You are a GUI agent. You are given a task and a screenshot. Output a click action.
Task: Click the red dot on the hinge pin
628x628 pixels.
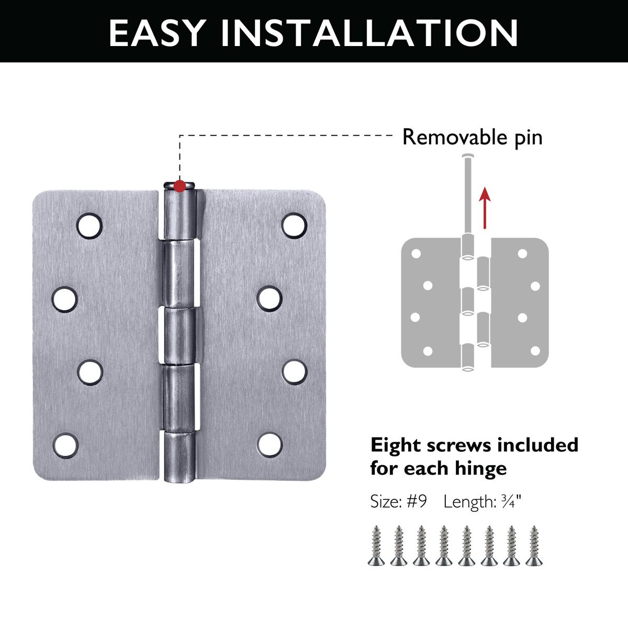(x=180, y=186)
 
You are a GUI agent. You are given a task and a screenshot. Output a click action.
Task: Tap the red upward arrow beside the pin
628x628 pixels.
(x=485, y=208)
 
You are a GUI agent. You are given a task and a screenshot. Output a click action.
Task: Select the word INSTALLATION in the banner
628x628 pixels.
(x=369, y=33)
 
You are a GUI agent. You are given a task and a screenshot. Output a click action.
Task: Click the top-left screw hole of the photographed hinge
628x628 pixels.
(x=89, y=226)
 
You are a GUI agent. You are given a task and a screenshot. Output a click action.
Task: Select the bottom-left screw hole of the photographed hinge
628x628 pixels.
(x=65, y=446)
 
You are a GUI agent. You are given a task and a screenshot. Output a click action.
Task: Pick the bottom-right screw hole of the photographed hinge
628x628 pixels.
(x=270, y=445)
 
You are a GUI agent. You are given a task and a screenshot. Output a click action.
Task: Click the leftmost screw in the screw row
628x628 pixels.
(x=376, y=545)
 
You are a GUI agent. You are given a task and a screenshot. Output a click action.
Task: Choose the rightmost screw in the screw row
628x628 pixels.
(x=534, y=545)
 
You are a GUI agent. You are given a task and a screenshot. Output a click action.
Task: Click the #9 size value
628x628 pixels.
(x=417, y=501)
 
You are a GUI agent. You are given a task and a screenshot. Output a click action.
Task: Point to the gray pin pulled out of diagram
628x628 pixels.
(x=468, y=195)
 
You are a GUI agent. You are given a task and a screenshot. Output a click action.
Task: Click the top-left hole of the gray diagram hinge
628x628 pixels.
(x=416, y=253)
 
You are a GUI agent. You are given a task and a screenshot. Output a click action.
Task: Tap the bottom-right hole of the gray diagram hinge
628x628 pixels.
(x=535, y=351)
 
